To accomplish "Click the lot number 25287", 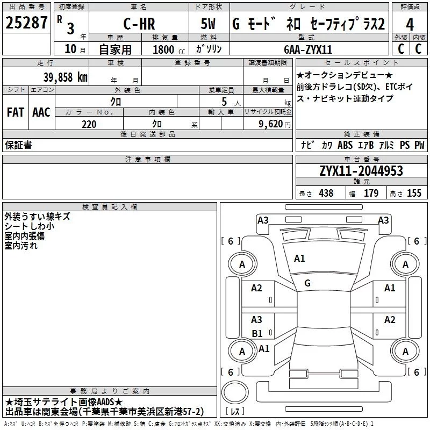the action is point(26,23).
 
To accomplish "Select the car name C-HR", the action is point(139,24).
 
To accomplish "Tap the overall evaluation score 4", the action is point(410,25).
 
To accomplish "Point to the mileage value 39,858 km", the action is point(65,77).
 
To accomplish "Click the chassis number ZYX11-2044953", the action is point(361,171).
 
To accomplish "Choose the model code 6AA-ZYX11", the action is point(308,49).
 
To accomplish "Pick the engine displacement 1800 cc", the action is point(169,49).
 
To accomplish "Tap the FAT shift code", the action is point(16,112).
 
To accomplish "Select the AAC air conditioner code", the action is point(41,112).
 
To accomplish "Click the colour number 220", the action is point(89,124).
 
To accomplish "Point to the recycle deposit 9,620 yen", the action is point(275,124).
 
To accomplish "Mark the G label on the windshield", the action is point(307,283).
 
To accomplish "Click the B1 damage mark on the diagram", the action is point(257,333).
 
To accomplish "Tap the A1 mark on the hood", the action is point(299,259).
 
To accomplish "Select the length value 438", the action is point(326,193).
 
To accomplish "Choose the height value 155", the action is point(414,193).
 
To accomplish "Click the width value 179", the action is point(371,193).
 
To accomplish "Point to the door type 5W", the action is point(208,24).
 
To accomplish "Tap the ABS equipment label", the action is point(345,145).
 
